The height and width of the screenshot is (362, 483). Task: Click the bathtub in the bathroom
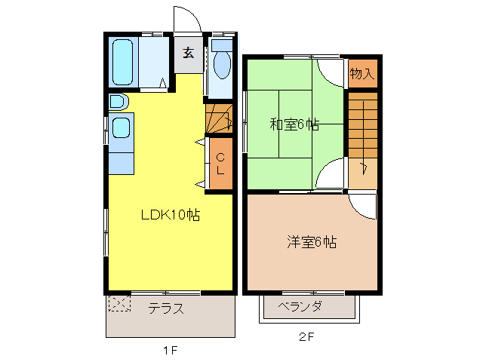pyautogui.click(x=123, y=63)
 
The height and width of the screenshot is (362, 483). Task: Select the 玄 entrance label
pyautogui.click(x=188, y=54)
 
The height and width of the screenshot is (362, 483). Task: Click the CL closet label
pyautogui.click(x=220, y=164)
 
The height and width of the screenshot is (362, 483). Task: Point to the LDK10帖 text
pyautogui.click(x=170, y=215)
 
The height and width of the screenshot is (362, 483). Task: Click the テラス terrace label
pyautogui.click(x=166, y=308)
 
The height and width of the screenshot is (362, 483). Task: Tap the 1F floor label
pyautogui.click(x=169, y=350)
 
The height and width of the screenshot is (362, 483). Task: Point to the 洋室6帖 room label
pyautogui.click(x=311, y=242)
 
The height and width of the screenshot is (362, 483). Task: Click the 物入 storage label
pyautogui.click(x=361, y=73)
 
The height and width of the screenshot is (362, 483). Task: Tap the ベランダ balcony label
pyautogui.click(x=300, y=306)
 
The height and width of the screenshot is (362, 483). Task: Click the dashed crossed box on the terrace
pyautogui.click(x=118, y=304)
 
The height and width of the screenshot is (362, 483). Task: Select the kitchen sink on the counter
pyautogui.click(x=122, y=126)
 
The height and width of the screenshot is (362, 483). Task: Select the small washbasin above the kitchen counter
pyautogui.click(x=118, y=101)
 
